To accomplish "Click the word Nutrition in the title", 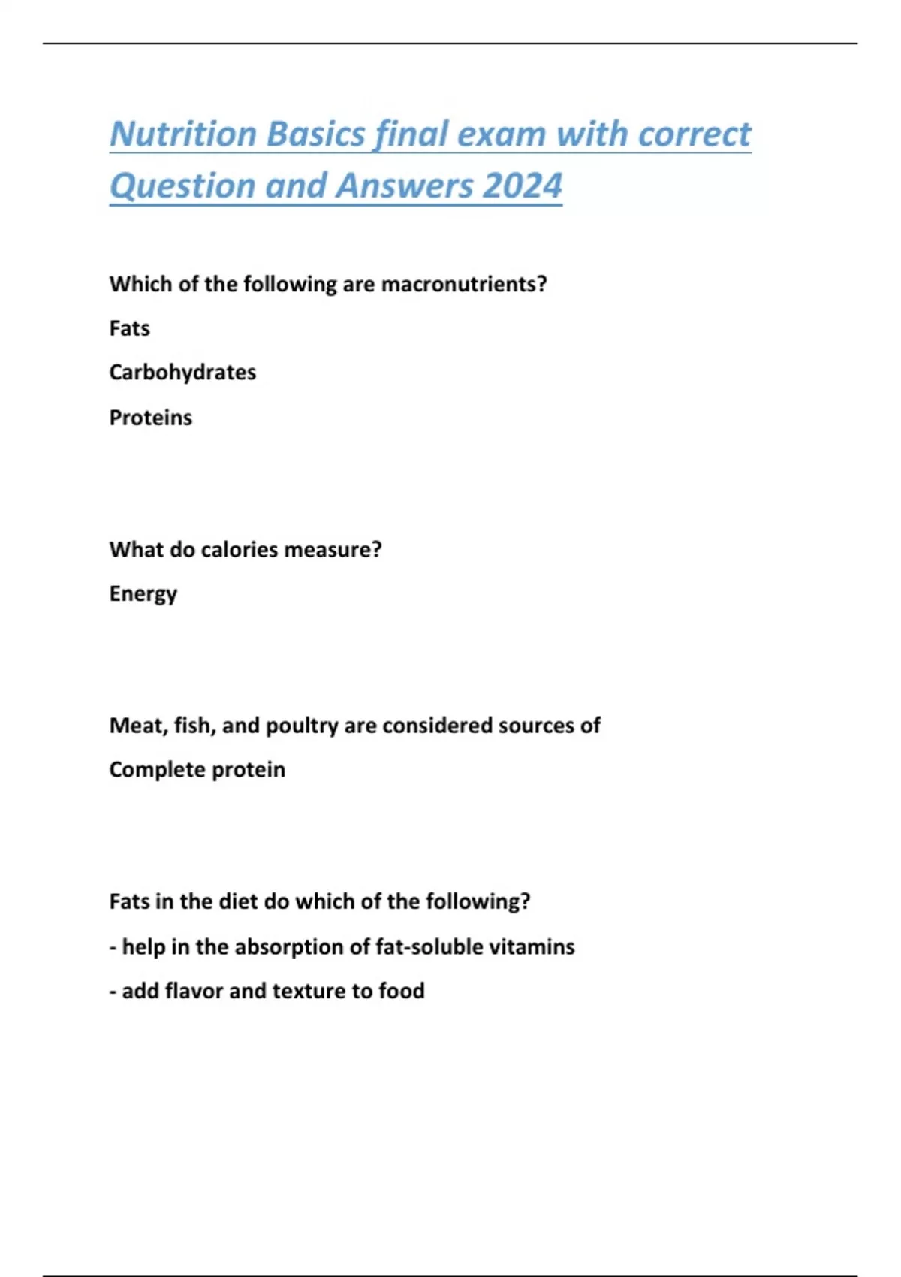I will [x=183, y=134].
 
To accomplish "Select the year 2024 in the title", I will [x=523, y=186].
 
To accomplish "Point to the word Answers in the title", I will [x=405, y=186].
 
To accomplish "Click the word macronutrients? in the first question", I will [x=464, y=284].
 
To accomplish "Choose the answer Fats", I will [x=129, y=328].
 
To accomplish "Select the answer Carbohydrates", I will [x=182, y=373].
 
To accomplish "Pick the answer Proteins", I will [x=150, y=418].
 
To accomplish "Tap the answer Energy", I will [x=143, y=594].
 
